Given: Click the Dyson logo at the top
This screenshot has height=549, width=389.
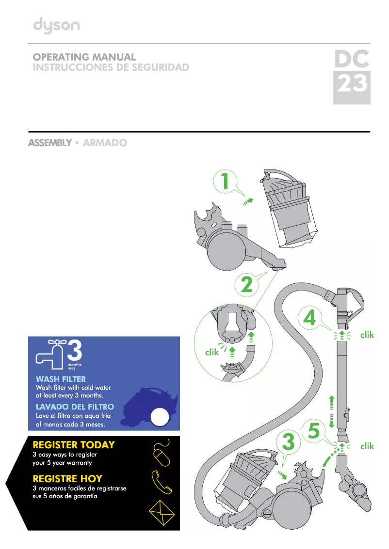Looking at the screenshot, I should tap(56, 26).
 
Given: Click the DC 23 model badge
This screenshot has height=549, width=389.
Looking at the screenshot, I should tap(352, 77).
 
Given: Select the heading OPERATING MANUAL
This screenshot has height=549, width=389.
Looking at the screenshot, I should tap(84, 57).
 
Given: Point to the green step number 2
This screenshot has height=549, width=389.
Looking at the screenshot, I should tap(247, 285).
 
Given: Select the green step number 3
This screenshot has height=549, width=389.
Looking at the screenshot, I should tap(288, 442).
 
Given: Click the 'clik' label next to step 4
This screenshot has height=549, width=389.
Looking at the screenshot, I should tap(367, 335).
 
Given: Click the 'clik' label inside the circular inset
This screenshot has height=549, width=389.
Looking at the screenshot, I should tap(212, 352).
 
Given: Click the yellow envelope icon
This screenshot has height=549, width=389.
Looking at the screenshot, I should tap(162, 512).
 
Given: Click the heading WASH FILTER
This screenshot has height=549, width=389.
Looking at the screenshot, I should tap(61, 379).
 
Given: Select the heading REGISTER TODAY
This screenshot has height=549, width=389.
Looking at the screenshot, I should tap(74, 444).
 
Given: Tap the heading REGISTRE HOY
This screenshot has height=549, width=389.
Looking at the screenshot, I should tap(67, 478).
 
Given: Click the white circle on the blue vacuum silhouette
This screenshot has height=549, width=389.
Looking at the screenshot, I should tap(160, 417).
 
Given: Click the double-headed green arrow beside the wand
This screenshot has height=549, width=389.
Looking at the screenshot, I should tap(332, 411).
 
